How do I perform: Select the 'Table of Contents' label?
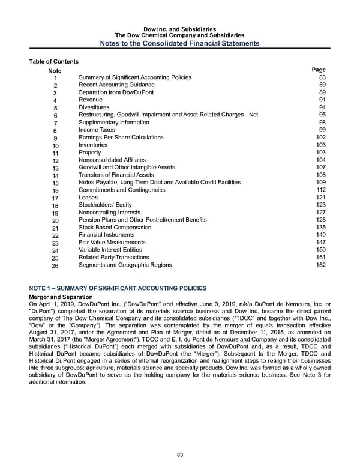pos(53,62)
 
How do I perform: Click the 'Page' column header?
pos(319,70)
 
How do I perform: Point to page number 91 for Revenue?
pos(322,100)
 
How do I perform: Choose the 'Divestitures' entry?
pos(94,108)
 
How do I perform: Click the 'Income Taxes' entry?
pos(97,130)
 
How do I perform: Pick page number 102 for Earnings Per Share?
pos(320,137)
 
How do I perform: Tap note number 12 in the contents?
pos(56,160)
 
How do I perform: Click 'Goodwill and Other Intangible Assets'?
pos(127,167)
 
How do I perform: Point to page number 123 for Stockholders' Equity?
pos(320,205)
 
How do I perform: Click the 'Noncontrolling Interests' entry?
pos(109,213)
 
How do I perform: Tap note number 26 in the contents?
pos(56,265)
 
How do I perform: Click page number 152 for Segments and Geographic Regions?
pos(320,265)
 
